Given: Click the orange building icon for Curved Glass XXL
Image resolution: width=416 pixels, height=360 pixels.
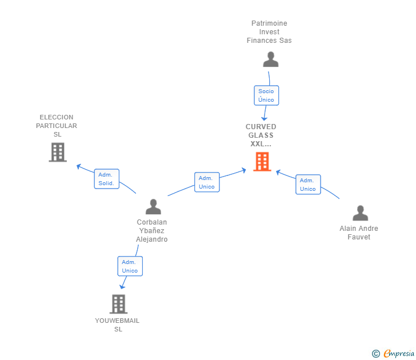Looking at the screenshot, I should point(262,161).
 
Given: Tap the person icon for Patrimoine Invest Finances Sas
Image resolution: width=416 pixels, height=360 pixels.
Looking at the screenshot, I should point(270,59).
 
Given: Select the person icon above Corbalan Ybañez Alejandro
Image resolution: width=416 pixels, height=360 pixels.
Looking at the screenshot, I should point(153,206).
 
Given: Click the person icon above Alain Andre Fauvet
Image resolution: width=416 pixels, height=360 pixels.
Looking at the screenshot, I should point(360,213).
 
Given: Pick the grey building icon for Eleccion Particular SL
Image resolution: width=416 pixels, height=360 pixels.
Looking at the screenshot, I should point(58,152).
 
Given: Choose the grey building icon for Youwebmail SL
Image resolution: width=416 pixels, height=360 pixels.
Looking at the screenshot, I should point(118,304).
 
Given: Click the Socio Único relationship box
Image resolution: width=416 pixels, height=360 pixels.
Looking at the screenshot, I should point(266,95).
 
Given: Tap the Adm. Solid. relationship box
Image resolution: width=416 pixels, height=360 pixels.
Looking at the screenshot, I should point(106,179).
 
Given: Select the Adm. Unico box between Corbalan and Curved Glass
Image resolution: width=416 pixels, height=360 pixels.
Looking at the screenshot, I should point(207,182).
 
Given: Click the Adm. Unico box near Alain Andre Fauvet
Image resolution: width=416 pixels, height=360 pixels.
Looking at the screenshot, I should point(308,185).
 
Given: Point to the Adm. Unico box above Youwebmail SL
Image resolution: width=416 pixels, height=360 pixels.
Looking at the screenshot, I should point(130,266).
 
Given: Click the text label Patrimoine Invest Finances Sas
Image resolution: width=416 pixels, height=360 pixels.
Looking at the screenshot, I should point(269,32).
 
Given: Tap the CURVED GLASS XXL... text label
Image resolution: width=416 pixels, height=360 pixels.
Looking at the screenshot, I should point(261,135).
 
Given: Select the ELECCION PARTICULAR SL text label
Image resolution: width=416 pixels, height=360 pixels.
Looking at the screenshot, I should point(57,126).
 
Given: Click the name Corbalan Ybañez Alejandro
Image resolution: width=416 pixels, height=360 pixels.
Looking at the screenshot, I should point(152,231).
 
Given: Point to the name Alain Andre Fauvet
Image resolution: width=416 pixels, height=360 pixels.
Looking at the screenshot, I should point(359,233).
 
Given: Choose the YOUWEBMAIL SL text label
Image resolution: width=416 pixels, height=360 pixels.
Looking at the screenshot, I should point(117,325).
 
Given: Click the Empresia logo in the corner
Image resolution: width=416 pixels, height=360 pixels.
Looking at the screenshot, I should point(398,354).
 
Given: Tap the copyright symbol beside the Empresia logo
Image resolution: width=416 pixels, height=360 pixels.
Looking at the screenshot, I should point(376,354).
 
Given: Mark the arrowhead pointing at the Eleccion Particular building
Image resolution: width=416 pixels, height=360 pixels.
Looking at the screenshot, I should point(79,167).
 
